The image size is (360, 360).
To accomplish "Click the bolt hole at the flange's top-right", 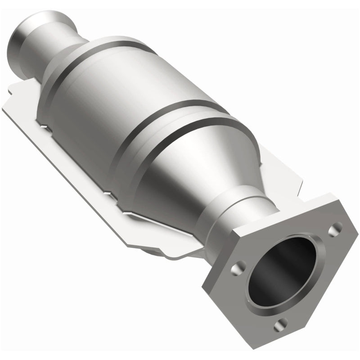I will click(x=334, y=230).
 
